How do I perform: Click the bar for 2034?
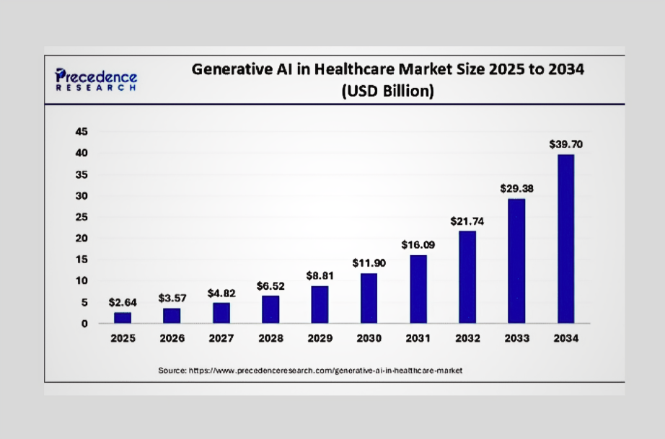(x=565, y=239)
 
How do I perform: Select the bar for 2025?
(x=123, y=317)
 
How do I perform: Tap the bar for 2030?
(x=369, y=298)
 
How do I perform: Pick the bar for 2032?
(x=467, y=277)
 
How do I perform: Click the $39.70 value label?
(x=565, y=144)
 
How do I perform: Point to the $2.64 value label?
(x=123, y=303)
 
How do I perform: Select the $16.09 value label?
(x=418, y=245)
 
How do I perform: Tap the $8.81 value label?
(x=320, y=275)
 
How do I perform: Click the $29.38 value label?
(x=516, y=188)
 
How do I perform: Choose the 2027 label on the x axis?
(x=221, y=338)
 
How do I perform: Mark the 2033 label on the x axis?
(x=516, y=338)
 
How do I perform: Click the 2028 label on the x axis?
(x=270, y=338)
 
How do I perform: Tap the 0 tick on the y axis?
(x=84, y=323)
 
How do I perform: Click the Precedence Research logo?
(x=96, y=79)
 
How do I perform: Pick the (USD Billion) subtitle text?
(x=387, y=92)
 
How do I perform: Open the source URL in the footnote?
(x=325, y=370)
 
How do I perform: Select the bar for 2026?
(x=172, y=315)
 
